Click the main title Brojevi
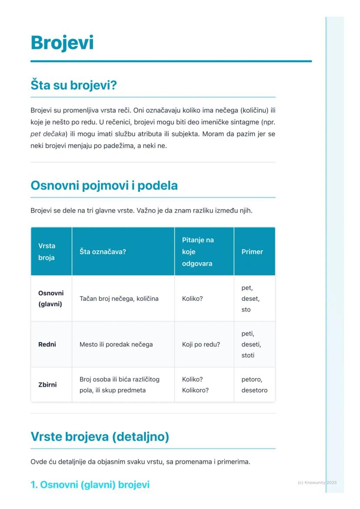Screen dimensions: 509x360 62,43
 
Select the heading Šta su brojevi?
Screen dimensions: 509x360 73,85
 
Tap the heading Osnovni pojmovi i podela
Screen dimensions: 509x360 104,186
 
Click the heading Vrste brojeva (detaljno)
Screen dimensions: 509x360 100,436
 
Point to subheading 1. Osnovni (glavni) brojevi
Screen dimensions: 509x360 90,485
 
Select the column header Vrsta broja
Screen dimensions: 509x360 47,252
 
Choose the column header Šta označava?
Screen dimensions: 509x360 103,252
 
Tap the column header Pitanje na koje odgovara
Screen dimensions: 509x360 198,252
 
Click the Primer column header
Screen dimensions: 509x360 252,252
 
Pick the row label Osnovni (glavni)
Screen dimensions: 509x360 51,299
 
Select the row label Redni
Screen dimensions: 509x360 47,344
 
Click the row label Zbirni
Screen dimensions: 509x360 47,385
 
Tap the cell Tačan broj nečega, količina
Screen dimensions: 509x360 119,299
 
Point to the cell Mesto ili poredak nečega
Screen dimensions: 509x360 116,344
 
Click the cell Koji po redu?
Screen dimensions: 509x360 201,344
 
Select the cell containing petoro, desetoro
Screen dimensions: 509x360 254,385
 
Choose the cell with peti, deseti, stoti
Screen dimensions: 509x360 251,344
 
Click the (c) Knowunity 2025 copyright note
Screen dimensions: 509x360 317,482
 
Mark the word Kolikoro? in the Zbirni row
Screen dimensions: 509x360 195,390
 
